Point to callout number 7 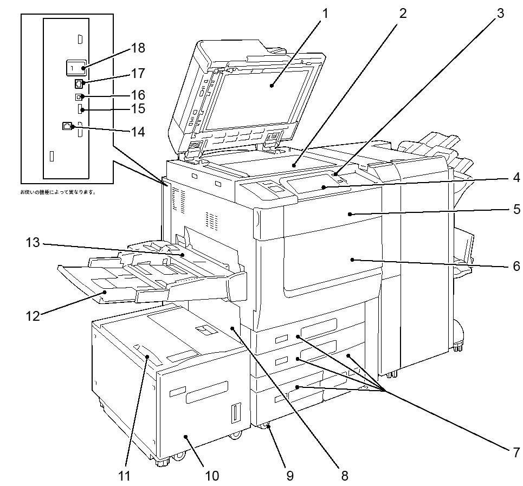[x=515, y=451]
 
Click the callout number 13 [x=33, y=243]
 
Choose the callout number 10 [x=212, y=476]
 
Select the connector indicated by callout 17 [x=79, y=83]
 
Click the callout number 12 [x=33, y=316]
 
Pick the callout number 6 [x=515, y=266]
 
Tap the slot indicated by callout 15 [x=81, y=110]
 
